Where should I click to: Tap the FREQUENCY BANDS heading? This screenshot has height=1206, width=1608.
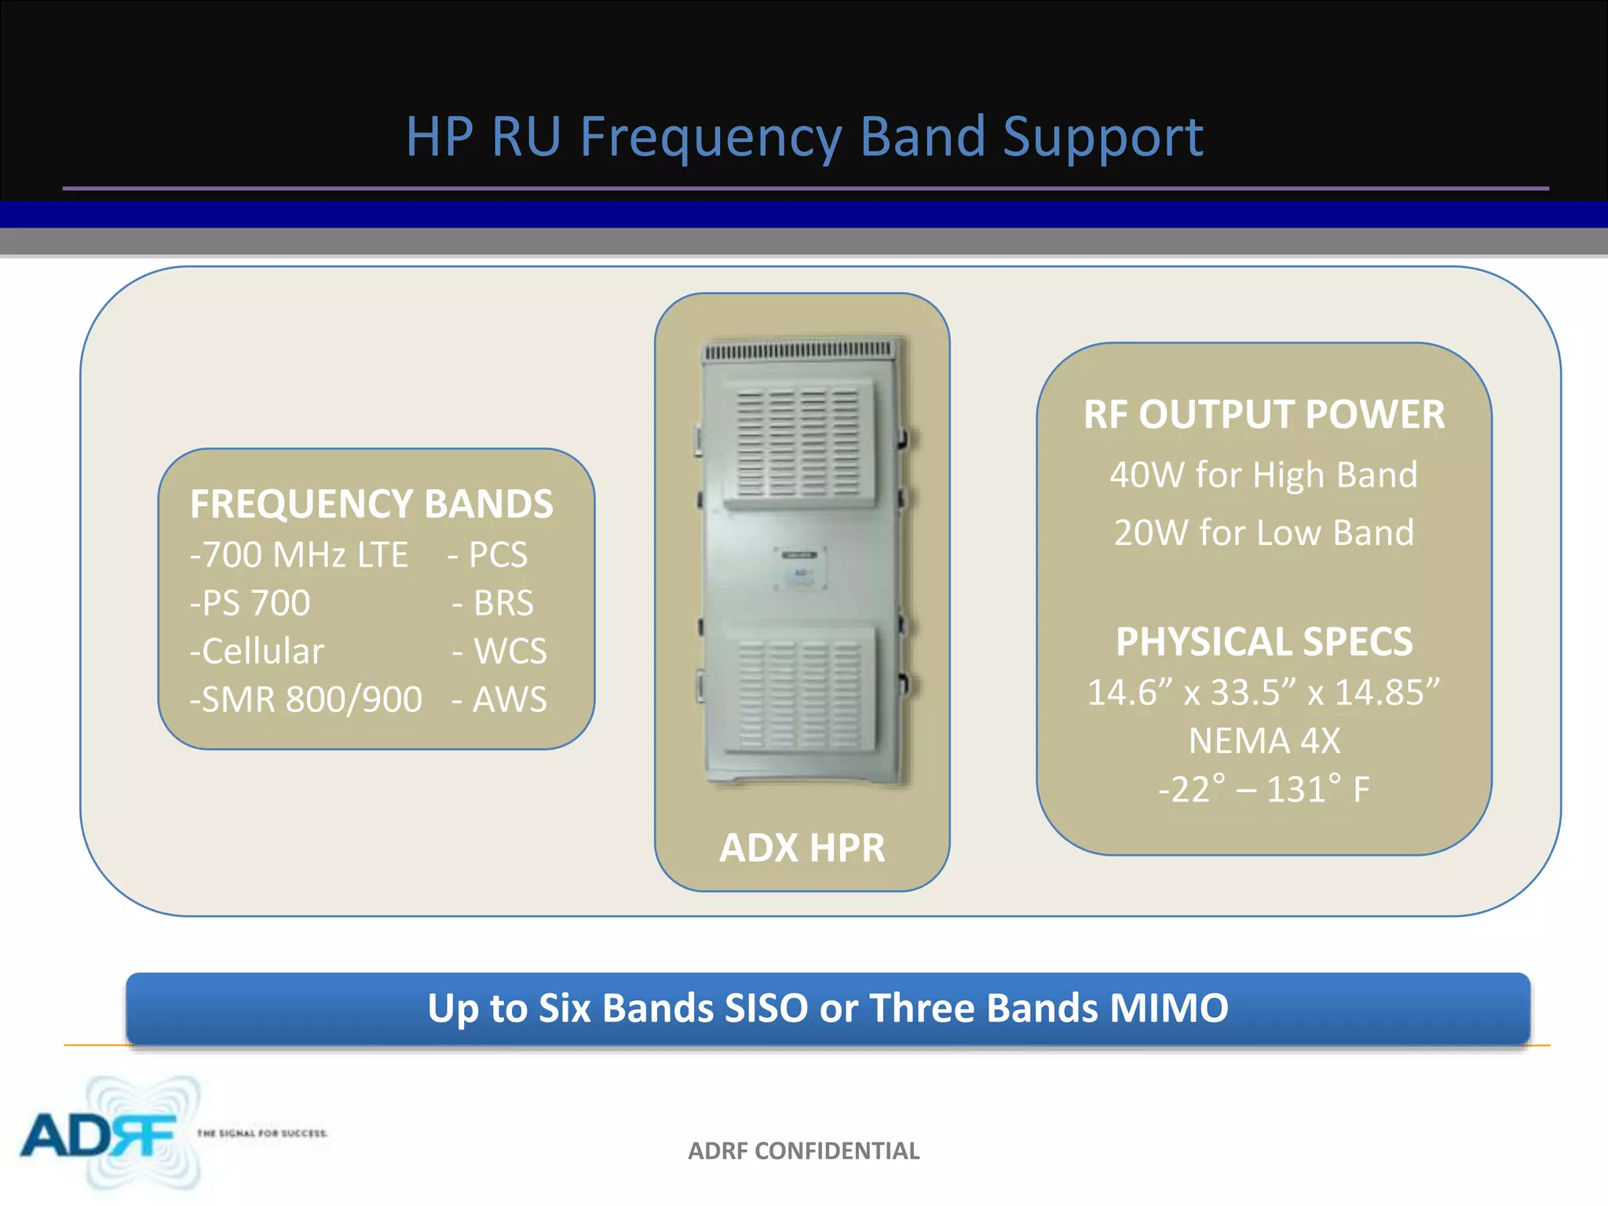click(x=371, y=504)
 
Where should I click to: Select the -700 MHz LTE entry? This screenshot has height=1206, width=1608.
click(x=299, y=555)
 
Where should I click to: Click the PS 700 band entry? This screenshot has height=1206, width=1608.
click(x=250, y=603)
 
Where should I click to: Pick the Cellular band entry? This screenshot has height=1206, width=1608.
click(x=258, y=651)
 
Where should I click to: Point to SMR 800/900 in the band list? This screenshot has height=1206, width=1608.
click(x=306, y=699)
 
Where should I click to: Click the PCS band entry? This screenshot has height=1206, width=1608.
click(x=488, y=555)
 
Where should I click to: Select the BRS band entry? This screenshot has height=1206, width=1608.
click(x=494, y=603)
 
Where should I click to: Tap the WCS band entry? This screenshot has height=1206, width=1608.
click(x=500, y=651)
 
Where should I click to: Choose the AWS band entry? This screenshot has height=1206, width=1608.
click(x=500, y=699)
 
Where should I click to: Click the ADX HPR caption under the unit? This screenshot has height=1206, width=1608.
click(x=802, y=847)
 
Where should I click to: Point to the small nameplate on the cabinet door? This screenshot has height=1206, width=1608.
click(x=800, y=567)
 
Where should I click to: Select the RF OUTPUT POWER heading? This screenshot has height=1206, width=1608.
click(x=1263, y=415)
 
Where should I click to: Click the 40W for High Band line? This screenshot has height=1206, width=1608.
click(x=1263, y=475)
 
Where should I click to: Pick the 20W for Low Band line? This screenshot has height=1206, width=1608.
click(x=1263, y=533)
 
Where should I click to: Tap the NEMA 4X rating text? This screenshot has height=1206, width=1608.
click(x=1264, y=740)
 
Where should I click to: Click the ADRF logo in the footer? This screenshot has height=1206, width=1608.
click(x=98, y=1135)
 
